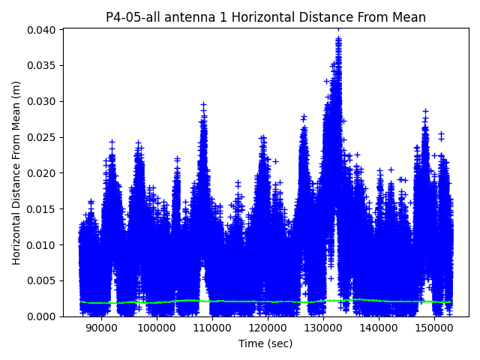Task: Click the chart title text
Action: [x=265, y=17]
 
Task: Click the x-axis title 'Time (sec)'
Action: [x=265, y=343]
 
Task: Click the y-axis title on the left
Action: [x=16, y=172]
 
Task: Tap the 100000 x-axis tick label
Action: [x=156, y=328]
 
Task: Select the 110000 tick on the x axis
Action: [x=211, y=328]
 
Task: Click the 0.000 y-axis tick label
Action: [x=44, y=316]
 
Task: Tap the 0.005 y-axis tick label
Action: [x=44, y=280]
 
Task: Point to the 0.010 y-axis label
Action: [x=44, y=244]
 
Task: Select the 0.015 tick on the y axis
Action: [x=44, y=208]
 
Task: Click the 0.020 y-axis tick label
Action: [x=44, y=172]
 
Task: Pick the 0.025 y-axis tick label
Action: [x=44, y=137]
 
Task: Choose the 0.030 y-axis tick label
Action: [x=44, y=101]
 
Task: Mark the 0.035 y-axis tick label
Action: [x=44, y=65]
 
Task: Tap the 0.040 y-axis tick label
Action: [x=44, y=29]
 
